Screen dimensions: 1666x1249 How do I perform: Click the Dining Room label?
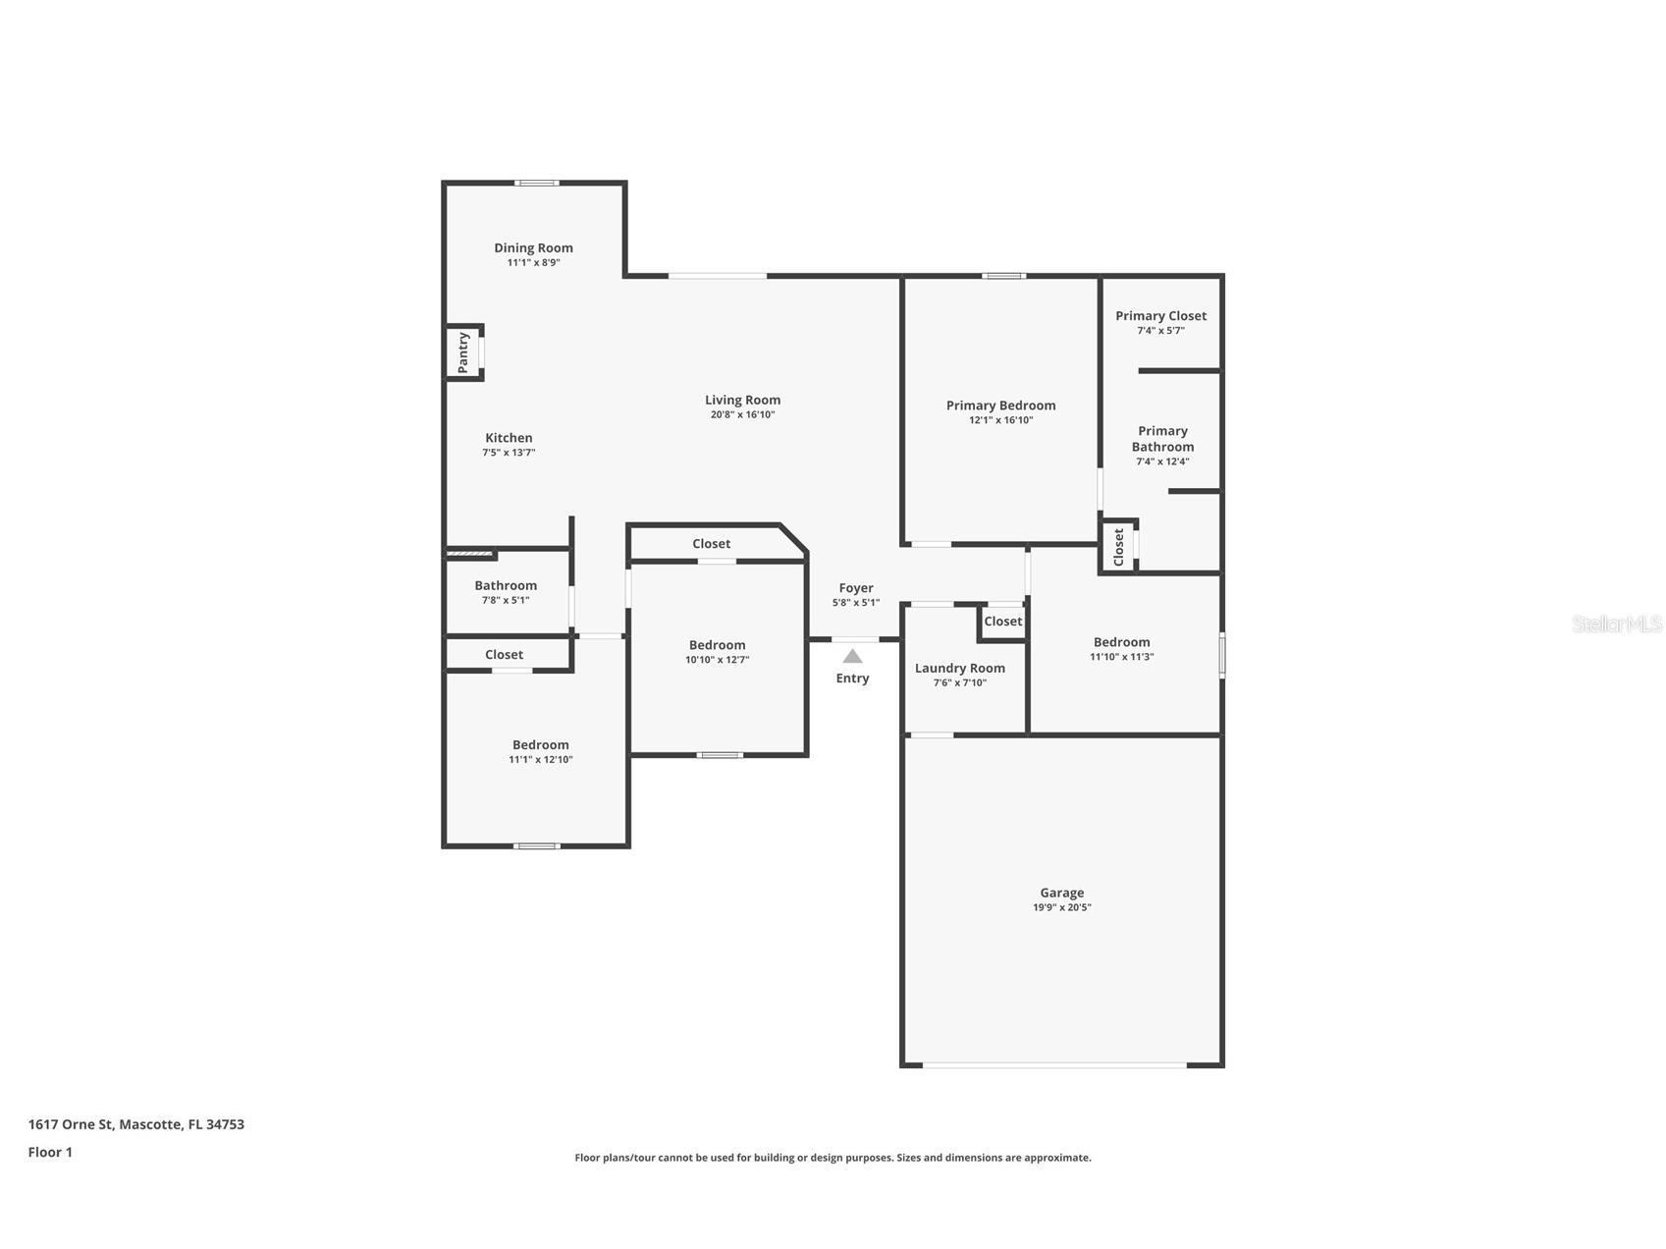pos(533,248)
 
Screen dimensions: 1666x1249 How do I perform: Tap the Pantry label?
pos(463,353)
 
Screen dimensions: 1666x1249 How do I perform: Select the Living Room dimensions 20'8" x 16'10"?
pos(742,414)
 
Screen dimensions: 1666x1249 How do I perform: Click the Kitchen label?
pos(509,438)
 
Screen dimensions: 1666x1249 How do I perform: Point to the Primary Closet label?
pos(1160,316)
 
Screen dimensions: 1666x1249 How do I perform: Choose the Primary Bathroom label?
pos(1162,439)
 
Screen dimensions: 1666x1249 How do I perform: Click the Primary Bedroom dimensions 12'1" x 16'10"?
pos(1000,420)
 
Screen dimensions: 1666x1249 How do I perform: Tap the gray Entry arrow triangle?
pos(852,656)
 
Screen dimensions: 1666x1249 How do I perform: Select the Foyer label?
pos(856,588)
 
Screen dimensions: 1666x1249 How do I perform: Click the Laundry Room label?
pos(960,669)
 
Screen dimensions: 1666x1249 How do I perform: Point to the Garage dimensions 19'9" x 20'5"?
pos(1062,908)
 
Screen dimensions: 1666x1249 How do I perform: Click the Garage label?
pos(1062,894)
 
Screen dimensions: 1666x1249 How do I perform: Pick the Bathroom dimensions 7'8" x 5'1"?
pos(506,600)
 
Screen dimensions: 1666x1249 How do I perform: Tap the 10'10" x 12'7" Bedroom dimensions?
pos(717,660)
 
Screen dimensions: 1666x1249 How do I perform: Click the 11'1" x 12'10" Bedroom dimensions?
pos(540,759)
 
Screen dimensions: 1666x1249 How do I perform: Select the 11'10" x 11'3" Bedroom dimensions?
pos(1121,657)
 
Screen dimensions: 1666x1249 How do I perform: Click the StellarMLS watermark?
pos(1617,624)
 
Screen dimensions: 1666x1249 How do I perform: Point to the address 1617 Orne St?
pos(72,1124)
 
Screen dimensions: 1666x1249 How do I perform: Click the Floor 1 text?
pos(50,1153)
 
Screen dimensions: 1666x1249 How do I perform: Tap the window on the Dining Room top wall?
pos(538,183)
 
